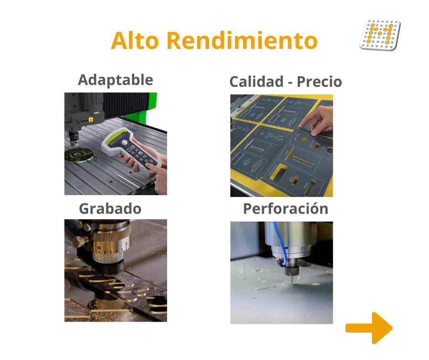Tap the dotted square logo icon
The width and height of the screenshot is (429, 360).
point(380,35)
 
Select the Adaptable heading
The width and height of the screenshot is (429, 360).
point(115,80)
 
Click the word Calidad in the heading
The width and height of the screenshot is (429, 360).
point(256,82)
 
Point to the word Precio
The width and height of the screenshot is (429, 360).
point(319,82)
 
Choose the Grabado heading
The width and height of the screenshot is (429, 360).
point(110,209)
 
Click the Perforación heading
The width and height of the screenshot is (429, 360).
point(286,208)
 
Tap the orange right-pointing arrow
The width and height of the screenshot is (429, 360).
point(369,328)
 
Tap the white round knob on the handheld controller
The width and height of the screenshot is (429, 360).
point(125,143)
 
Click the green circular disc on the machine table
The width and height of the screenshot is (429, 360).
point(79,155)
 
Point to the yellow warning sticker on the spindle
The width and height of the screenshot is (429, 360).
point(91,119)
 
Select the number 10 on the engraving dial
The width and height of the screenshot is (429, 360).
point(99,248)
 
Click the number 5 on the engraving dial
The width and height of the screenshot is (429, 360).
point(126,244)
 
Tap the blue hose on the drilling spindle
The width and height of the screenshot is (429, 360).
point(281,244)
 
